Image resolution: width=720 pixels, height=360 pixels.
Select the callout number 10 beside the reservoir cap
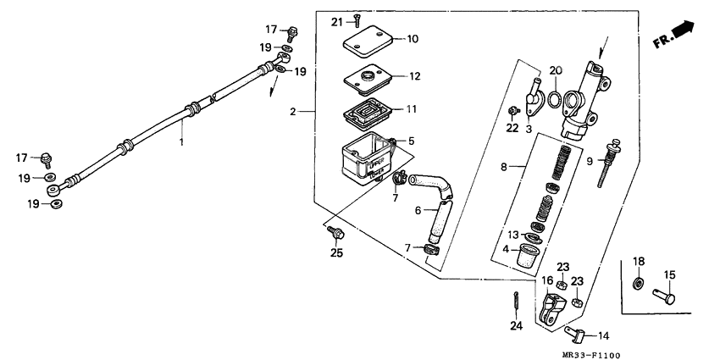413,39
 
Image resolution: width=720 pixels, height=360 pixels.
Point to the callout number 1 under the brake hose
180,143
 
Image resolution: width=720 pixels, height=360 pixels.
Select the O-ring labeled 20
552,102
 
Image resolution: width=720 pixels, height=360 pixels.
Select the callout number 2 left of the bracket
292,112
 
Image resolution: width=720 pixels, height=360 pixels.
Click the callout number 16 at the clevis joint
547,280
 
